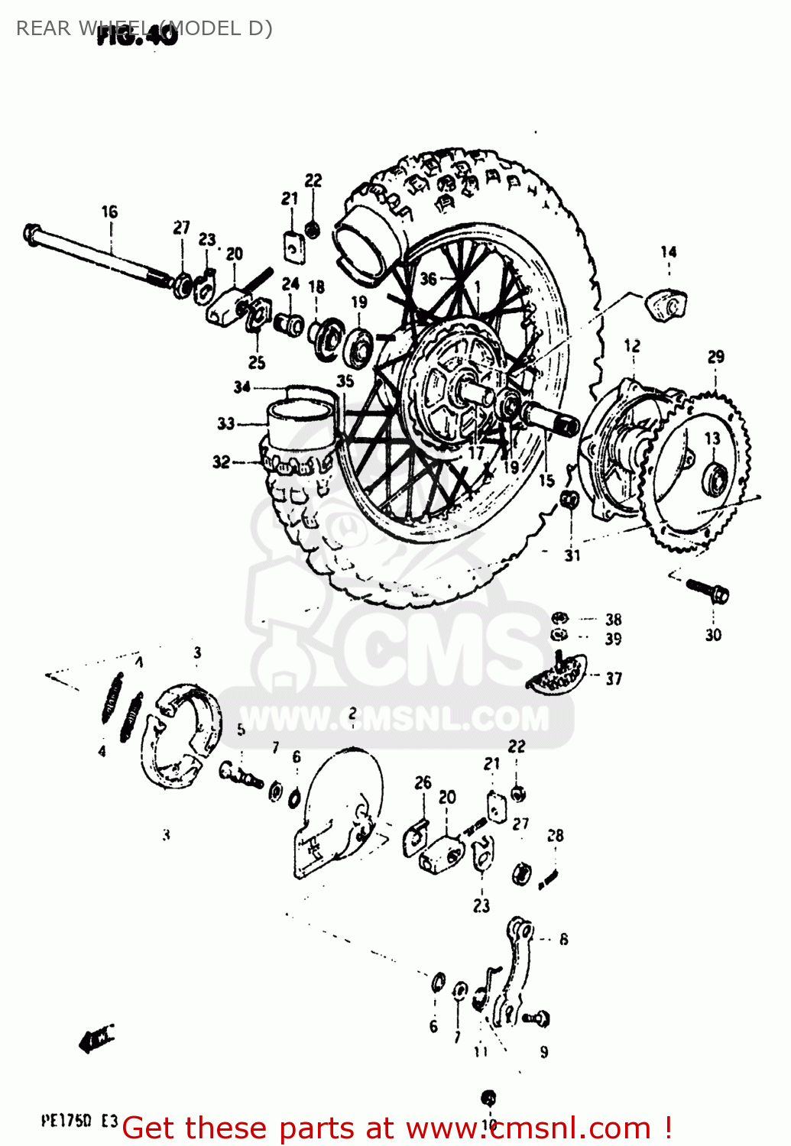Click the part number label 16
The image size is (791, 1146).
click(109, 212)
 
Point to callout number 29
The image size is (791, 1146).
click(715, 357)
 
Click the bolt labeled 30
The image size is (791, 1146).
click(707, 590)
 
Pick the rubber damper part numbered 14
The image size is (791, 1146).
click(666, 303)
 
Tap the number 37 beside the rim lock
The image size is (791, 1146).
click(614, 678)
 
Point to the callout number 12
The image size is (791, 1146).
click(632, 345)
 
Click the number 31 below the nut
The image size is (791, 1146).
click(572, 555)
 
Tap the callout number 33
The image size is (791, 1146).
click(225, 423)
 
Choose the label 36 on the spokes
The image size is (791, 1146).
click(428, 279)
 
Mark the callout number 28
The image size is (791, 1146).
click(556, 836)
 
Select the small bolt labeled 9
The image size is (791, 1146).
click(538, 1018)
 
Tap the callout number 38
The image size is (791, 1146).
click(614, 620)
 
